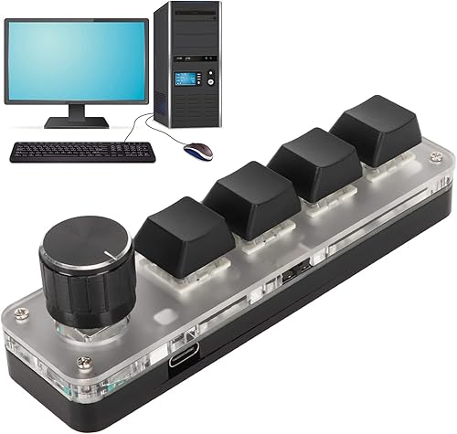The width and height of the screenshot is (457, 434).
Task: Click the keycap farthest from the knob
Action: [374, 133]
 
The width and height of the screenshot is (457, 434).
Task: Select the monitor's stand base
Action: [76, 122]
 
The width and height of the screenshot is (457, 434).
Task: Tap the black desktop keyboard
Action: [82, 151]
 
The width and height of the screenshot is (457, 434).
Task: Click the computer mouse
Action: [198, 150]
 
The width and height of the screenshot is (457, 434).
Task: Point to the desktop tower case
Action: [187, 69]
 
